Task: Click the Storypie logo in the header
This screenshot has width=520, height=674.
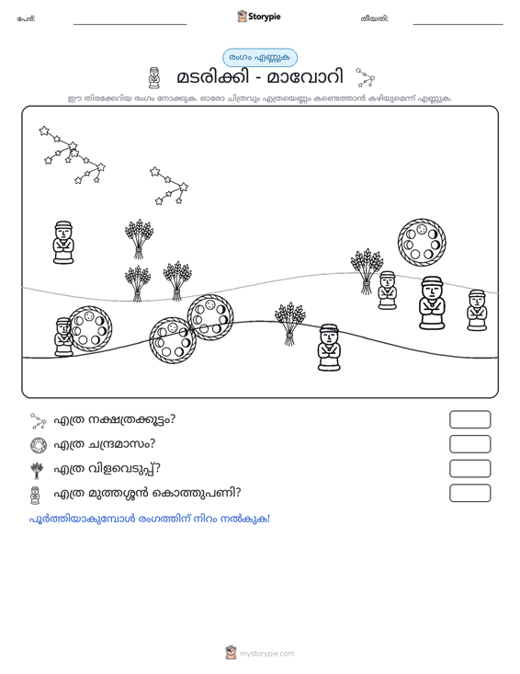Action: coord(258,17)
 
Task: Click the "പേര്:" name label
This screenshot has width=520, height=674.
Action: coord(27,19)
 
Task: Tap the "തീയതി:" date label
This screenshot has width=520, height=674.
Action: coord(375,19)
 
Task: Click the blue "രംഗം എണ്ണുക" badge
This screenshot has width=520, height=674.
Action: coord(260,58)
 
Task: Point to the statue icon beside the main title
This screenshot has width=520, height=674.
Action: coord(153,78)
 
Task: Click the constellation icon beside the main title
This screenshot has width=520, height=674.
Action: coord(366,77)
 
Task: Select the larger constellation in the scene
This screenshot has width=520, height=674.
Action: coord(73,154)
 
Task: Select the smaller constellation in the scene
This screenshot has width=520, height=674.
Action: coord(169,186)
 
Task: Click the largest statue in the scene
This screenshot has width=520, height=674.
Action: coord(432,303)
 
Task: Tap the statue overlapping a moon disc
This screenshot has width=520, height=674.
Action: coord(63,337)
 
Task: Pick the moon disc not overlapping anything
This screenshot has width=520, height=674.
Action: coord(422,242)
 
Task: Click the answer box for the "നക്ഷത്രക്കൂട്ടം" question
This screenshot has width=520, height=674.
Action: coord(469,419)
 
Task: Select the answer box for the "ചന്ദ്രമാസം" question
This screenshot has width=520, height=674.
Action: coord(469,444)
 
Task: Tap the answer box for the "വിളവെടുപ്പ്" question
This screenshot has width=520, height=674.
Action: coord(469,469)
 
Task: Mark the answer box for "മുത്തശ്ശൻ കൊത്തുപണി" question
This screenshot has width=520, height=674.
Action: coord(469,493)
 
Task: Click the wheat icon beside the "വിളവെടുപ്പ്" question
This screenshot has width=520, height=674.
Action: coord(38,470)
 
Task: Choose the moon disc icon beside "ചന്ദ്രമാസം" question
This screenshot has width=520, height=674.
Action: coord(39,445)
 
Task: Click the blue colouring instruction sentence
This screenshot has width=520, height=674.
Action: coord(150,519)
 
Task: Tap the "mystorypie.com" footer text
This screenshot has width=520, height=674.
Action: coord(266,654)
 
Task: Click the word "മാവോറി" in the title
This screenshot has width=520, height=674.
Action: coord(305,77)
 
